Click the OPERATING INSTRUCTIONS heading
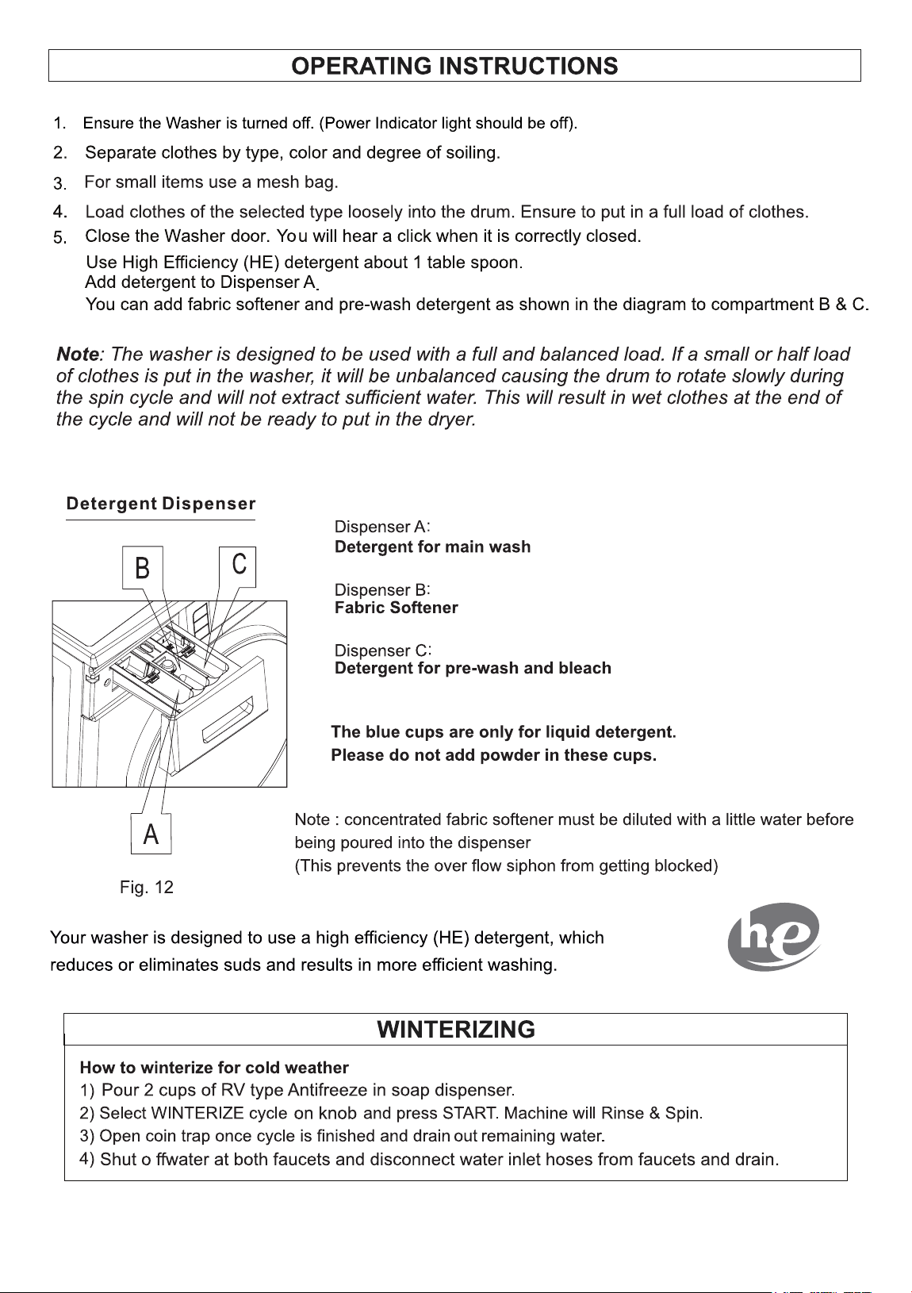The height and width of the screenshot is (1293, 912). tap(454, 67)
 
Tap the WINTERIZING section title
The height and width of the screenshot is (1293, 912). tap(456, 1029)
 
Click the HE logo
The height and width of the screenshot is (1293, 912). tap(774, 937)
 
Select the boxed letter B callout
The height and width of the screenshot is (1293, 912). tap(143, 567)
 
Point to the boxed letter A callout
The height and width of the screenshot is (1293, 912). tap(151, 834)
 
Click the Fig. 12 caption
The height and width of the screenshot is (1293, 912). tap(147, 887)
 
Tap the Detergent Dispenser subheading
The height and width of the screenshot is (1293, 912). tap(161, 504)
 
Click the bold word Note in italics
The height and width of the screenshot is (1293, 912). tap(78, 354)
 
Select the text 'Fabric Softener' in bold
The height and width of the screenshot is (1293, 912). tap(396, 608)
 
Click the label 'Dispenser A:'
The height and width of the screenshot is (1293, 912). tap(382, 527)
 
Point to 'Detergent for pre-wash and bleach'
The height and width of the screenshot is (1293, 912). tap(473, 668)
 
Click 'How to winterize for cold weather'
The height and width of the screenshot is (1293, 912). tap(214, 1067)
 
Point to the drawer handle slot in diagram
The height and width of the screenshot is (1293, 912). tap(228, 720)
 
